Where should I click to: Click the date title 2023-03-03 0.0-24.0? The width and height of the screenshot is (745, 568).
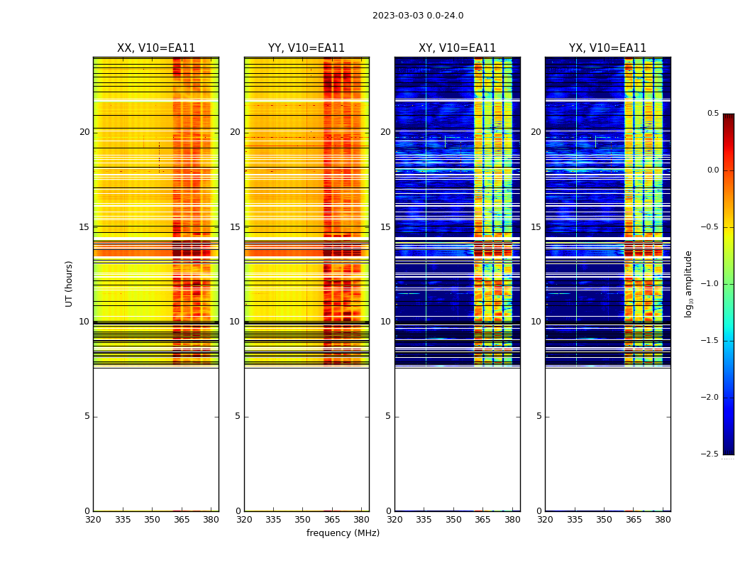pos(418,16)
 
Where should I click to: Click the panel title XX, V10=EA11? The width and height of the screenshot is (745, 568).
pos(156,48)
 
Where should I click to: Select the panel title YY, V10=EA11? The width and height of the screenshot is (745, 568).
pos(307,48)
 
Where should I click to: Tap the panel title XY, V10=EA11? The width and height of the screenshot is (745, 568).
pos(457,48)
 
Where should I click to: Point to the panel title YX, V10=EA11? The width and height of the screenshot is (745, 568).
pos(607,48)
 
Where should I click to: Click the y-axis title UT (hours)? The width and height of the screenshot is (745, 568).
pos(70,283)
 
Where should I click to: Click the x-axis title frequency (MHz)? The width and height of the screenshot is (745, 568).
pos(343,533)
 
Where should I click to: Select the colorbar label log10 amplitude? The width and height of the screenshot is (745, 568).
pos(688,283)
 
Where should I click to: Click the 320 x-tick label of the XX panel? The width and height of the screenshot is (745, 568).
pos(93,520)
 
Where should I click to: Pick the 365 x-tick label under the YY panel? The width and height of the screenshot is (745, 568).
pos(332,520)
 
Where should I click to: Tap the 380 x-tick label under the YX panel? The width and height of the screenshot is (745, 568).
pos(663,520)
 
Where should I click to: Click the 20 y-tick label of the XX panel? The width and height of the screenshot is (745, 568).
pos(84,132)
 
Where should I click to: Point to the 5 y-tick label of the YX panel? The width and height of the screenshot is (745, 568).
pos(539,416)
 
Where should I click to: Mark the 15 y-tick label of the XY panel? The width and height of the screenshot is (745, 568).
pos(385,227)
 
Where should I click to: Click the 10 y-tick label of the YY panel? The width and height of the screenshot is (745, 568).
pos(235,322)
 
